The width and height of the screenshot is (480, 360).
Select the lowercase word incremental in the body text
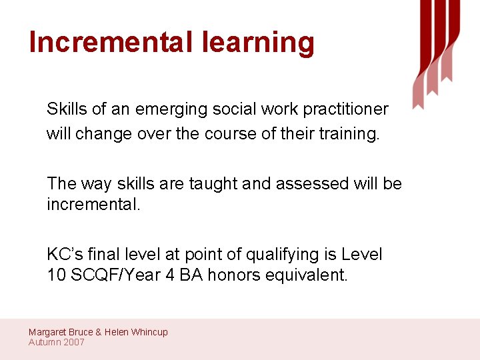point(93,204)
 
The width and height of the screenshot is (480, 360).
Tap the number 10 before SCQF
point(55,275)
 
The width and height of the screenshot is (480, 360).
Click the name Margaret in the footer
point(47,332)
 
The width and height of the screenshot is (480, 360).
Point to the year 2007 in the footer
point(74,342)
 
